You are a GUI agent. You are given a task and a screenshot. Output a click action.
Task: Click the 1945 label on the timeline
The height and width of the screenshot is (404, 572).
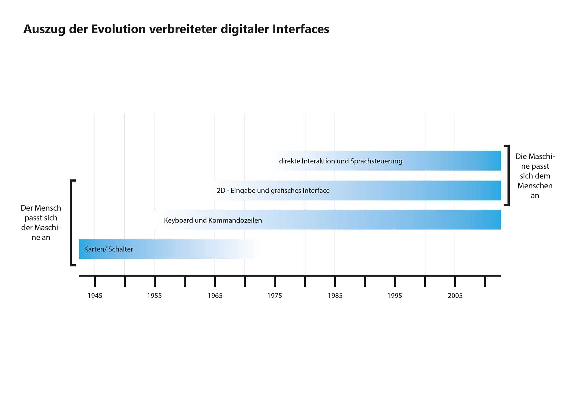coord(95,295)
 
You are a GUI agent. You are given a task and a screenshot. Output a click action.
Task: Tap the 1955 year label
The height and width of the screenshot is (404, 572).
coord(154,295)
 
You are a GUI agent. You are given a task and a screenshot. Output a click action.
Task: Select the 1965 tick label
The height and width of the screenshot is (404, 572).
coord(215,295)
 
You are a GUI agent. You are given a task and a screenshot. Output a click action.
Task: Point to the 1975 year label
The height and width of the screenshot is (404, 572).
coord(274,295)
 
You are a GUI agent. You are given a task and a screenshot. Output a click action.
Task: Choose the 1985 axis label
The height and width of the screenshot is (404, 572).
coord(335,295)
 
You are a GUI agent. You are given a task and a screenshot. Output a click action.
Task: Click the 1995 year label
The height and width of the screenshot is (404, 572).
coord(394,295)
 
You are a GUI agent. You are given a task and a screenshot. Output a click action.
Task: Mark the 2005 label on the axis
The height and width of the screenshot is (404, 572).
coord(455,295)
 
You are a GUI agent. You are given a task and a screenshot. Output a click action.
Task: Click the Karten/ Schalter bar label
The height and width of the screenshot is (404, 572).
coord(108,249)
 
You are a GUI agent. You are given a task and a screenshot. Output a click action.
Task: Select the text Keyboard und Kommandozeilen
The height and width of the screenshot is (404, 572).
coord(213,220)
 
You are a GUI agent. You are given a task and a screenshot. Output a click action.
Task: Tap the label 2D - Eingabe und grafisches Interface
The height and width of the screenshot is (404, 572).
coord(273,191)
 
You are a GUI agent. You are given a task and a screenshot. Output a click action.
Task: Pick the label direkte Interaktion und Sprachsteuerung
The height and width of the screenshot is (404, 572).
coord(341,161)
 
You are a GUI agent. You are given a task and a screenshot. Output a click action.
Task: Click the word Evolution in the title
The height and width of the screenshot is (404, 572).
coord(118,29)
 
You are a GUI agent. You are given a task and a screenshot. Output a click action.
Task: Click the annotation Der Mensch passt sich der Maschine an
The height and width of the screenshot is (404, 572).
coord(41,223)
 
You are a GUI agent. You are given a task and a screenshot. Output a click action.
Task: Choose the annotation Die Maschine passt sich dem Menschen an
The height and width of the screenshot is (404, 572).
coord(535,176)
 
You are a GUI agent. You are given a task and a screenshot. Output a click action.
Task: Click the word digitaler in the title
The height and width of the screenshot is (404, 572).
coord(245,29)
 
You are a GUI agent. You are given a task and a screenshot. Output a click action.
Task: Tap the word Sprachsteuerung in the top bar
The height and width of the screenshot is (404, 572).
coord(376,161)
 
